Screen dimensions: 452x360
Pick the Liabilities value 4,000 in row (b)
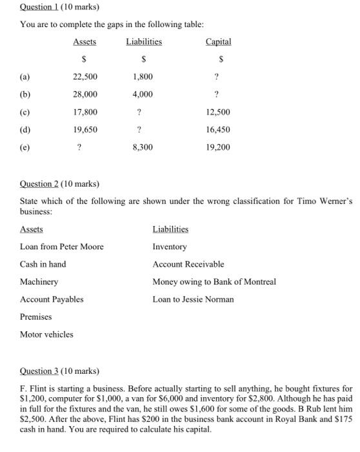[x=143, y=94]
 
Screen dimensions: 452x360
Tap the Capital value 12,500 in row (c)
[x=217, y=112]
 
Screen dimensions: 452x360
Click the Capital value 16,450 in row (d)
[x=217, y=130]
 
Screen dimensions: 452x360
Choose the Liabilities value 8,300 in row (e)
[x=143, y=147]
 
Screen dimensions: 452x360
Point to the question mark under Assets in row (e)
[x=79, y=147]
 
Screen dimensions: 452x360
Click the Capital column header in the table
[x=217, y=42]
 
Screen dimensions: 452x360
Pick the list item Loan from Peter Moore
[x=61, y=247]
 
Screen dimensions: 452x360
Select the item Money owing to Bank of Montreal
[x=214, y=282]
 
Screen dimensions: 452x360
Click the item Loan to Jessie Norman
[x=193, y=299]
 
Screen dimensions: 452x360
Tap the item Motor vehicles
[x=46, y=334]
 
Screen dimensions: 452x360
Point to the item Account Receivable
[x=188, y=264]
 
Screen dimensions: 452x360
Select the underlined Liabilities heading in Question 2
[x=170, y=229]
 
